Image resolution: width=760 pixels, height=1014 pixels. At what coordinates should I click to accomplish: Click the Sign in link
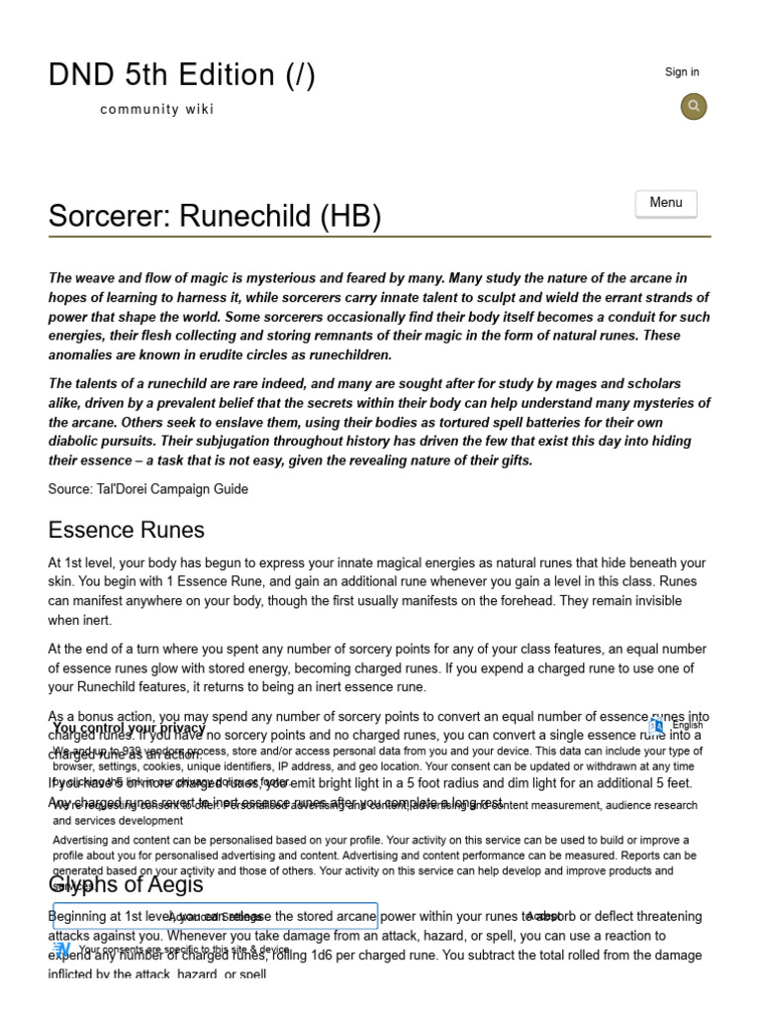[x=682, y=72]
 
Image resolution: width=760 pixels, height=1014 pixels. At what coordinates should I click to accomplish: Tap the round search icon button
[x=694, y=106]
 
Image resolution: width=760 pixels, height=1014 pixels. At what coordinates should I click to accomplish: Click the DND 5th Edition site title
[x=182, y=75]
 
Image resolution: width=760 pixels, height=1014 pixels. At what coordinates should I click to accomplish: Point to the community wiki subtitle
[x=156, y=110]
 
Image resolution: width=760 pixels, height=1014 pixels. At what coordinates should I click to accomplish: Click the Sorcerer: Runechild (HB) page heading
[x=215, y=216]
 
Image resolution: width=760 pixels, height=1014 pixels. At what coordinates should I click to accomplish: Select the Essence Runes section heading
[x=126, y=530]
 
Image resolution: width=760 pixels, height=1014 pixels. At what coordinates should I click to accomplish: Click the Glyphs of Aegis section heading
[x=126, y=884]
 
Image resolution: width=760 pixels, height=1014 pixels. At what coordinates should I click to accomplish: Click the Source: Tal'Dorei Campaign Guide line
[x=148, y=489]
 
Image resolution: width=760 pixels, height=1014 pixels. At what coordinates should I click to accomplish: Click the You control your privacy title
[x=129, y=728]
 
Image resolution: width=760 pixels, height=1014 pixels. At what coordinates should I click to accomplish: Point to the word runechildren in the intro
[x=353, y=355]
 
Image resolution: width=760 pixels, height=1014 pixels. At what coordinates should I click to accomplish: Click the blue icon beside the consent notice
[x=61, y=949]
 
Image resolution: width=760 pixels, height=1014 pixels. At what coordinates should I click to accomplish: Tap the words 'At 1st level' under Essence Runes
[x=84, y=562]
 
